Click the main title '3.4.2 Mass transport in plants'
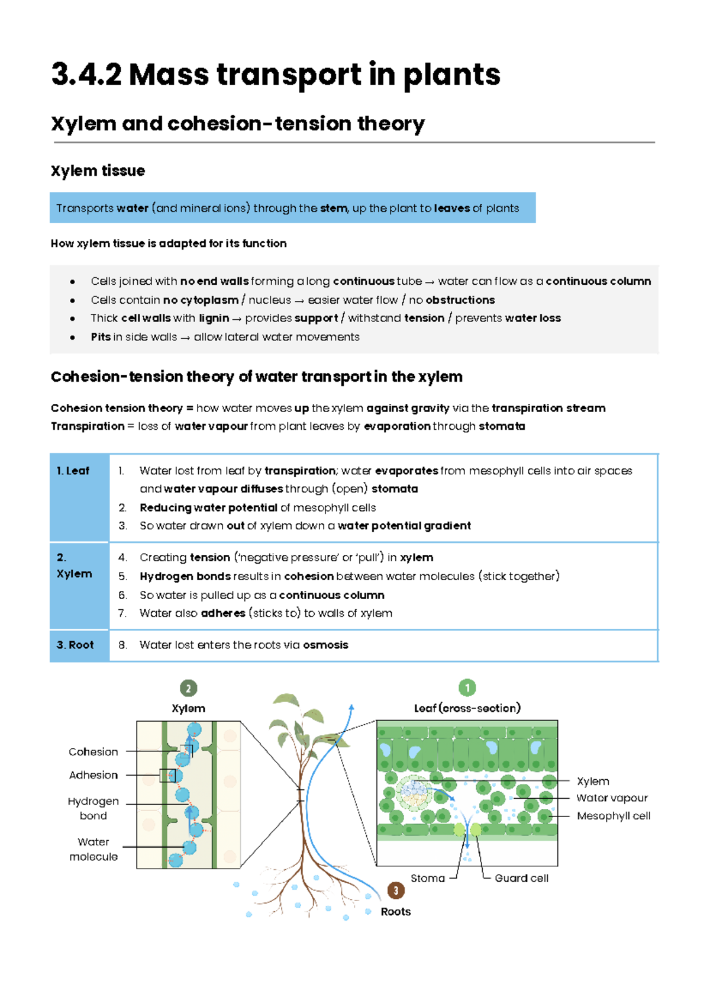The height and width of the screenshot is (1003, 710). coord(276,75)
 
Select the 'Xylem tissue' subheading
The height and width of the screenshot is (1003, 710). coord(98,171)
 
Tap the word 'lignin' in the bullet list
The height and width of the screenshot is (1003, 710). coord(214,319)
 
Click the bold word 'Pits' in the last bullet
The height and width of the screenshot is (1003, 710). coord(101,337)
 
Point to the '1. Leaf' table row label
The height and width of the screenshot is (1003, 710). coord(73,471)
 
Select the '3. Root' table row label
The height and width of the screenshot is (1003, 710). coord(75,645)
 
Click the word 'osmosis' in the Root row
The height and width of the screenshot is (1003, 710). coord(325,645)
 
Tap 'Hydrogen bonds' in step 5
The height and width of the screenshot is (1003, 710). coord(185,576)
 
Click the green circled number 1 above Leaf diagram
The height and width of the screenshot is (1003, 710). coord(467,687)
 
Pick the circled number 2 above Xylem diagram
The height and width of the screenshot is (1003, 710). coord(188,688)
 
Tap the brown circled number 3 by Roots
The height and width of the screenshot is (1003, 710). coord(396,891)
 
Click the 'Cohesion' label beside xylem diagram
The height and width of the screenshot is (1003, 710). coord(93,752)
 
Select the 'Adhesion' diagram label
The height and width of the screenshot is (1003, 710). coord(93,775)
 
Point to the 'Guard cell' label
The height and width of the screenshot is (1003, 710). coord(521,878)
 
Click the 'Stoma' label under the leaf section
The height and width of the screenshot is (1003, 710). coord(427,878)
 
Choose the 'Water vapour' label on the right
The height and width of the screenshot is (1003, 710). coord(612,798)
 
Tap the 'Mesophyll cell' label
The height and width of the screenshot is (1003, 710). coord(614,816)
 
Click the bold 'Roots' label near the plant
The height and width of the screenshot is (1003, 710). coord(396,912)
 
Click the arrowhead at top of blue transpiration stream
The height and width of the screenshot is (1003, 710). coord(351,708)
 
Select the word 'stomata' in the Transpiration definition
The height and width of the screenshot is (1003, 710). coord(502,426)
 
